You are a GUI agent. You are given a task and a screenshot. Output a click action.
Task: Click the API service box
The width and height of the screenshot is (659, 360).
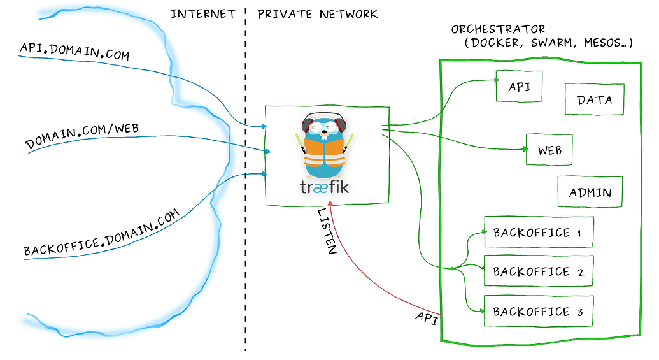pos(519,86)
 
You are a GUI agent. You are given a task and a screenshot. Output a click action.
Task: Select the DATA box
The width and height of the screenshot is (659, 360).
pos(594,99)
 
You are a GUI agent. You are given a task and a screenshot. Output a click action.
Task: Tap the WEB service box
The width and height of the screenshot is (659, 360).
pos(549,150)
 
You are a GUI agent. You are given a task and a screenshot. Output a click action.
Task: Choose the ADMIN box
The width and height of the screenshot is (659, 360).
pos(590,192)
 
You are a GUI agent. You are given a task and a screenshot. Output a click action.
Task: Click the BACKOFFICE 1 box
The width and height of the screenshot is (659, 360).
pos(539,232)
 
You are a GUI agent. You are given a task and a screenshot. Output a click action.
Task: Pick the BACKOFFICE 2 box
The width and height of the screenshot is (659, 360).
pos(539,271)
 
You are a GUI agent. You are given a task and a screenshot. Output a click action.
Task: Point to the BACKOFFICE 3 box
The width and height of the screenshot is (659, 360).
pos(539,311)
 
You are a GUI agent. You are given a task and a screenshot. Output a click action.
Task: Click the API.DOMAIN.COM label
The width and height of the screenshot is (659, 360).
pos(74,52)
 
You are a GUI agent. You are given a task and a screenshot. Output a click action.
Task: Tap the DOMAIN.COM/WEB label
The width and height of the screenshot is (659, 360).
pos(81,136)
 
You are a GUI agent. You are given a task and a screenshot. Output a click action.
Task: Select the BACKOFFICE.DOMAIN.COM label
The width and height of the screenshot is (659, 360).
pos(102,233)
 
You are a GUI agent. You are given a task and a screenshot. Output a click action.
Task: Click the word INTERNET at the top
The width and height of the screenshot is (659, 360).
pos(203,14)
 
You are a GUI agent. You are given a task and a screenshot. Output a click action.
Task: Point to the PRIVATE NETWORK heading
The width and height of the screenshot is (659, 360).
pos(318,14)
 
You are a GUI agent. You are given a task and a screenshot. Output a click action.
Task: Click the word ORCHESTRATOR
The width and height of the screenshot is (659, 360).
pos(498,29)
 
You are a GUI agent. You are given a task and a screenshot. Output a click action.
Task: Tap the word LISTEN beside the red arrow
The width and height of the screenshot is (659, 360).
pos(327,231)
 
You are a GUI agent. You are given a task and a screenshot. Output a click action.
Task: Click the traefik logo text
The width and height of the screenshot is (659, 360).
pos(325,187)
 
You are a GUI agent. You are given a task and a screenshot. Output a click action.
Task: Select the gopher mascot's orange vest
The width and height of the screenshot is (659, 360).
pos(324,152)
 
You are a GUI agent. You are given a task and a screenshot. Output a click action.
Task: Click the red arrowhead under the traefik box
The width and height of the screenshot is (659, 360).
pos(330,203)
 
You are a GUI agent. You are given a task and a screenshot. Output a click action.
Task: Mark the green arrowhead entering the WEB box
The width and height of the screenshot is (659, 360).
pos(525,149)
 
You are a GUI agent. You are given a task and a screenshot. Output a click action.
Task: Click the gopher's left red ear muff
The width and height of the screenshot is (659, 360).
pos(308,125)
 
